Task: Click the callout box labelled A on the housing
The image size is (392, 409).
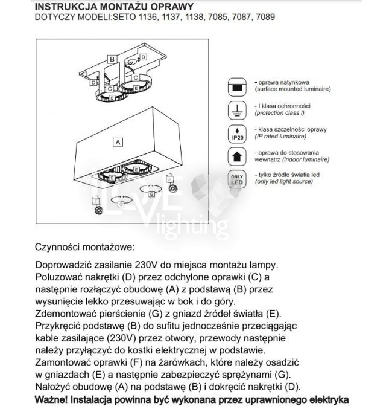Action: point(118,142)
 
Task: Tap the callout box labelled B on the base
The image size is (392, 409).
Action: point(112,59)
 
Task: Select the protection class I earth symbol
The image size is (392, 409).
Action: point(237,110)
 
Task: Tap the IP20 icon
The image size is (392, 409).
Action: point(237,134)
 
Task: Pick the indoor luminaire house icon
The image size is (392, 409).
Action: point(237,156)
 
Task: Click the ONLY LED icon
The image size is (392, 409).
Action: point(237,179)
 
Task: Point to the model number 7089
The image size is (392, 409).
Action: point(265,18)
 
